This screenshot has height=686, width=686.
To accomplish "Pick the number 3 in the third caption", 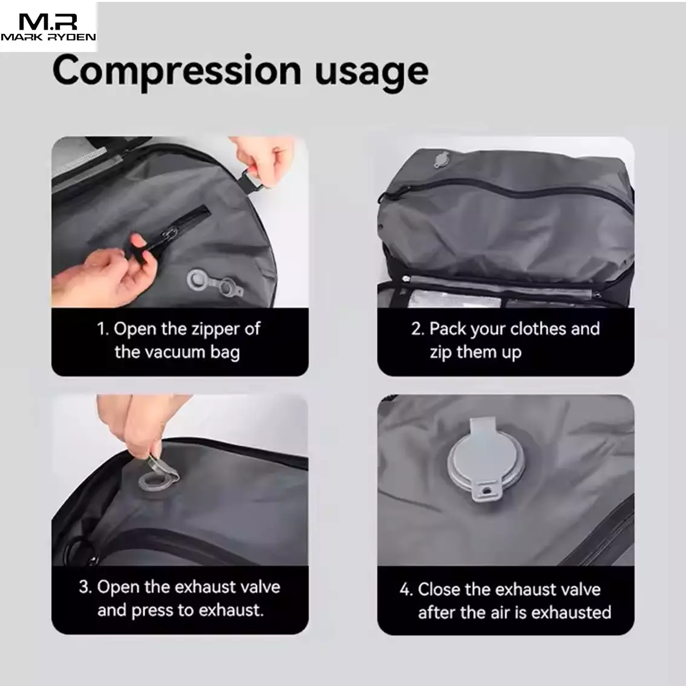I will click(x=85, y=587).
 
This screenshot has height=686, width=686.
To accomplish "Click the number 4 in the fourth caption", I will click(x=405, y=590).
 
